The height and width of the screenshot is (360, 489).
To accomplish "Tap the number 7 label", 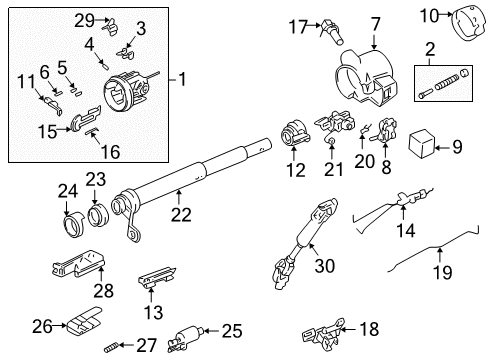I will [376, 21].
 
